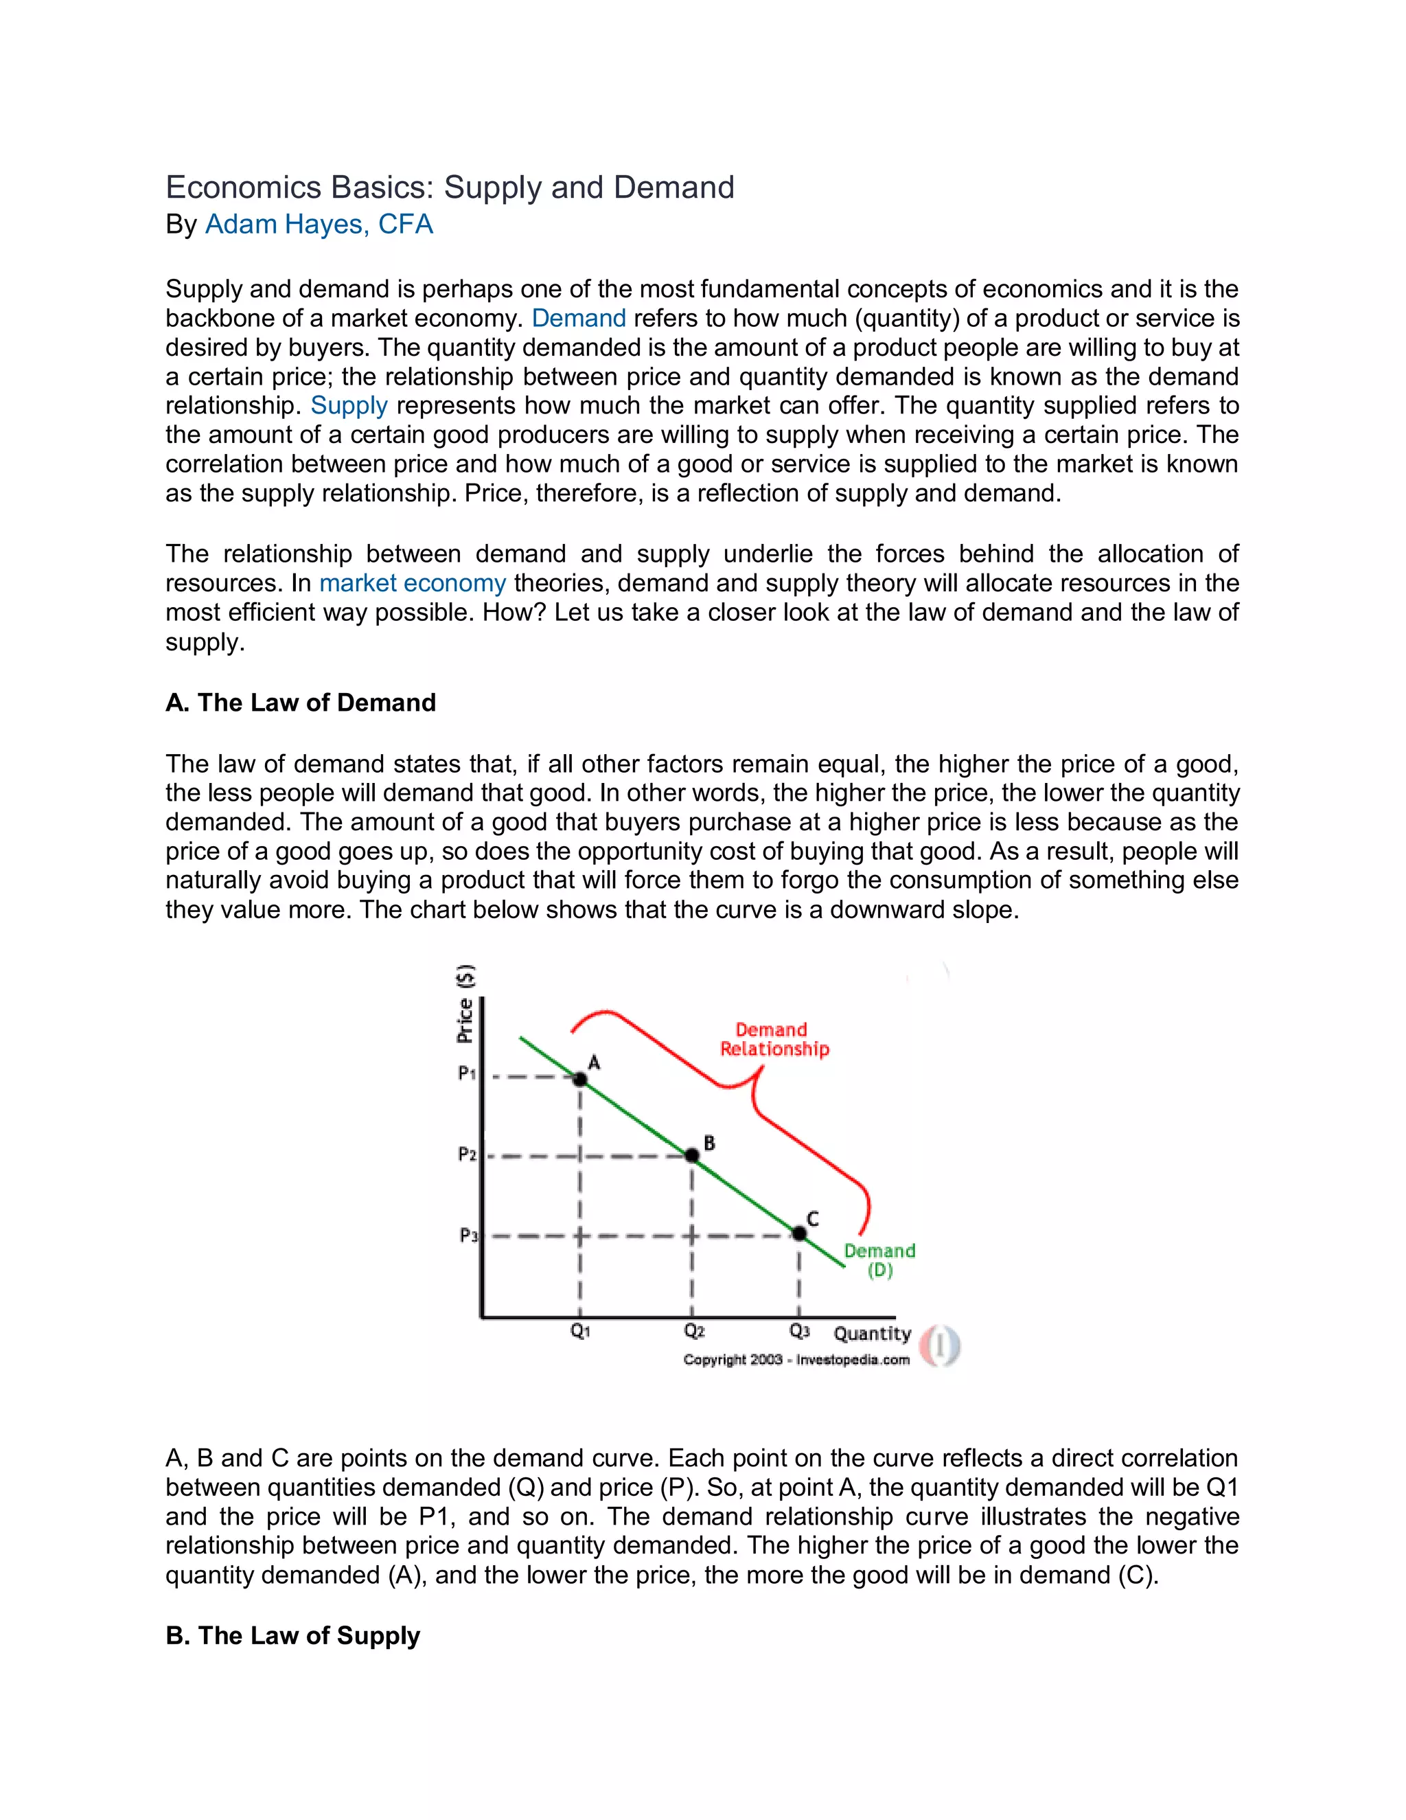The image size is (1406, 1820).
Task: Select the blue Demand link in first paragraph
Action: click(x=578, y=319)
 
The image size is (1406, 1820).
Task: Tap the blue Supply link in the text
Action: click(x=349, y=406)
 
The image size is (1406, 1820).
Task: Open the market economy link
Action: click(x=413, y=583)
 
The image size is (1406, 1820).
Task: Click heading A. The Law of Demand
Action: click(x=301, y=703)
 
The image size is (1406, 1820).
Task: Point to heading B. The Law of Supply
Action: click(x=292, y=1636)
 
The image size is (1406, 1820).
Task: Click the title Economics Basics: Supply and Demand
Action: click(x=450, y=187)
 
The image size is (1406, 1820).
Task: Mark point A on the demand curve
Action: click(x=581, y=1079)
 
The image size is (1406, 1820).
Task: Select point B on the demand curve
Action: click(x=691, y=1155)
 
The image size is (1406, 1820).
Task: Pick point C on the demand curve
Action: click(x=799, y=1233)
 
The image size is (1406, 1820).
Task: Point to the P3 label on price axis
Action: click(x=468, y=1235)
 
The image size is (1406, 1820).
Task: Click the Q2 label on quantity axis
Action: click(x=694, y=1331)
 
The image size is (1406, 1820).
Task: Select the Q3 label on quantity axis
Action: click(x=800, y=1331)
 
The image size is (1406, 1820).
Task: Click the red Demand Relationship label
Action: click(x=774, y=1039)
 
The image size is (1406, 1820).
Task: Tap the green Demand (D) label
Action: click(x=879, y=1260)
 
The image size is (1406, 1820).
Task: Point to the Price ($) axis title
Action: click(x=465, y=1004)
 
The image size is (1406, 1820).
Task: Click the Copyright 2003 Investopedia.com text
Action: click(x=796, y=1360)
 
